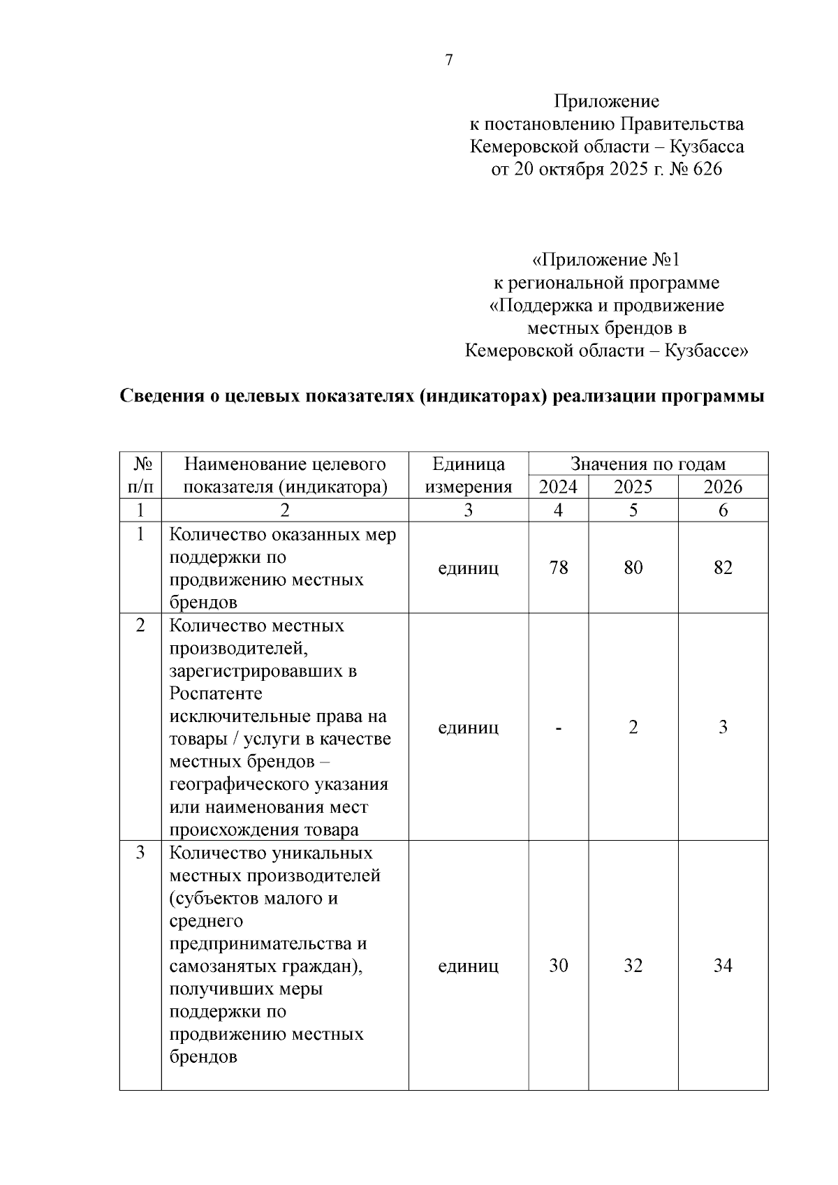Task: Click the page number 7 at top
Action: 449,60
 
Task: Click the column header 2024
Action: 558,487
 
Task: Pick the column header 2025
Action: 633,487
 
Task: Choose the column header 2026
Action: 723,487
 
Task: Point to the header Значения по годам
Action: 648,464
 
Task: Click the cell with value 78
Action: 558,567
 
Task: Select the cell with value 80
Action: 633,567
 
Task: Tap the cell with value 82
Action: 723,567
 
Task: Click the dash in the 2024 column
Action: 558,728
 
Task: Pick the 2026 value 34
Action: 723,966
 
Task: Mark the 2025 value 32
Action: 633,966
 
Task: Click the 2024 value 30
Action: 558,966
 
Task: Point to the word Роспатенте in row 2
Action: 216,693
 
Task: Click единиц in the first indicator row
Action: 468,568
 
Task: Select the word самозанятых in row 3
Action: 225,966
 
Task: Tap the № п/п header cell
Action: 140,475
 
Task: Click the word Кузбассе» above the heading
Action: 706,351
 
